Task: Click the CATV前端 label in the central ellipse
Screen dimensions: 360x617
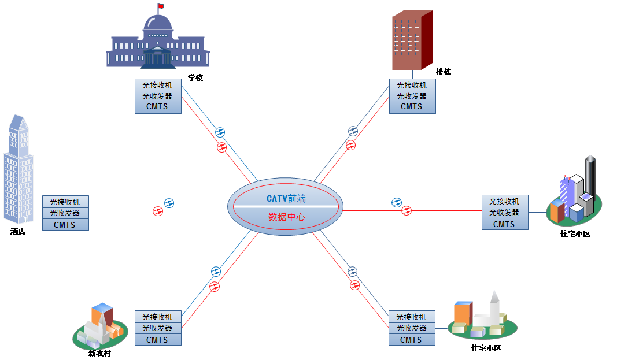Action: [x=286, y=198]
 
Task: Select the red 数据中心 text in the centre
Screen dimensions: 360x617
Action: [x=286, y=217]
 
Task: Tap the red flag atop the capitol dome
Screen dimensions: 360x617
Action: [x=160, y=6]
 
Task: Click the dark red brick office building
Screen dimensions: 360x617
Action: [x=412, y=40]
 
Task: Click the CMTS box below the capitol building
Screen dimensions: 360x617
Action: [x=158, y=107]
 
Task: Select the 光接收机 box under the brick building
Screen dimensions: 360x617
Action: [x=412, y=86]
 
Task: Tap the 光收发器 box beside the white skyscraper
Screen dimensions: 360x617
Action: [x=65, y=213]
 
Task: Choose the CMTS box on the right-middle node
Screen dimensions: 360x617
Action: [x=504, y=224]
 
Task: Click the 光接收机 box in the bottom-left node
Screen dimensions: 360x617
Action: [x=158, y=317]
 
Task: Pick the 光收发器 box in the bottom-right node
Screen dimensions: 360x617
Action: [x=412, y=328]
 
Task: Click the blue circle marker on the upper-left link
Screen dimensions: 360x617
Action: [x=220, y=132]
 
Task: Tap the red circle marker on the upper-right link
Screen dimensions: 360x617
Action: [x=350, y=145]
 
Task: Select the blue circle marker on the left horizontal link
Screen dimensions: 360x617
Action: [x=169, y=203]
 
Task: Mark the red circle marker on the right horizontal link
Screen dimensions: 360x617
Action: [x=407, y=211]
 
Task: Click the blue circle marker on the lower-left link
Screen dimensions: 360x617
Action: [x=216, y=271]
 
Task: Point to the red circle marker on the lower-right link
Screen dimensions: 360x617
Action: [x=354, y=285]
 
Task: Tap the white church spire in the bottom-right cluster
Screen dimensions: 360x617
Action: [x=494, y=306]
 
